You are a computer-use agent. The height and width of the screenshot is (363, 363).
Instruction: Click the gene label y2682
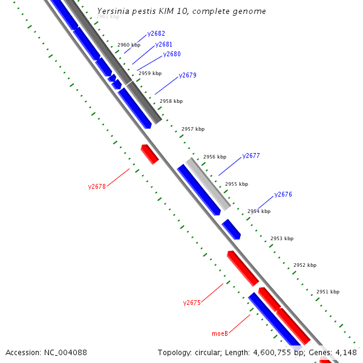pyautogui.click(x=156, y=34)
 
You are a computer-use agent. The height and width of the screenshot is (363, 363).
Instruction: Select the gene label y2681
pyautogui.click(x=164, y=44)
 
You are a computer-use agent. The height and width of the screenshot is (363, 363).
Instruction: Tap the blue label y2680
pyautogui.click(x=172, y=54)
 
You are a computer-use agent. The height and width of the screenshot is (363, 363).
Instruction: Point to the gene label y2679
pyautogui.click(x=188, y=76)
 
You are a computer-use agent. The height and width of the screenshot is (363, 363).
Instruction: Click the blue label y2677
pyautogui.click(x=251, y=156)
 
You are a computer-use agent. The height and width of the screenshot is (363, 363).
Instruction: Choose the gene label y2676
pyautogui.click(x=283, y=195)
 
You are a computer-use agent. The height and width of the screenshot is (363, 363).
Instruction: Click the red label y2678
pyautogui.click(x=97, y=187)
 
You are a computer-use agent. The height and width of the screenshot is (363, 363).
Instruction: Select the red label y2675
pyautogui.click(x=192, y=302)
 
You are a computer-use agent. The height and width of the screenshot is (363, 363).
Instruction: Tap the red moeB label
pyautogui.click(x=220, y=333)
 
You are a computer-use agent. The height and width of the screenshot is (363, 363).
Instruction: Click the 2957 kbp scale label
pyautogui.click(x=193, y=129)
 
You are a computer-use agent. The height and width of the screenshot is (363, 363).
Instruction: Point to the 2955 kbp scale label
pyautogui.click(x=237, y=184)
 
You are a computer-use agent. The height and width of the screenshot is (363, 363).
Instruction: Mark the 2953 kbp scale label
pyautogui.click(x=282, y=238)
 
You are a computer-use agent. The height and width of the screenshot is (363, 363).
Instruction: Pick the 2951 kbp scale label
pyautogui.click(x=328, y=292)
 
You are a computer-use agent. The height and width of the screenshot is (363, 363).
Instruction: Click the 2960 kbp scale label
pyautogui.click(x=129, y=45)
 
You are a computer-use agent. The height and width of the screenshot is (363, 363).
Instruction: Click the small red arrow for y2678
pyautogui.click(x=149, y=154)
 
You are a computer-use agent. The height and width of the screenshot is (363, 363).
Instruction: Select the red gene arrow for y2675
pyautogui.click(x=243, y=267)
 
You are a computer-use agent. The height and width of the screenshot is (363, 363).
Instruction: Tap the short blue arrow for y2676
pyautogui.click(x=231, y=229)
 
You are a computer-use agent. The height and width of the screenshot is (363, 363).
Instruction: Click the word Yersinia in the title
pyautogui.click(x=112, y=11)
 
